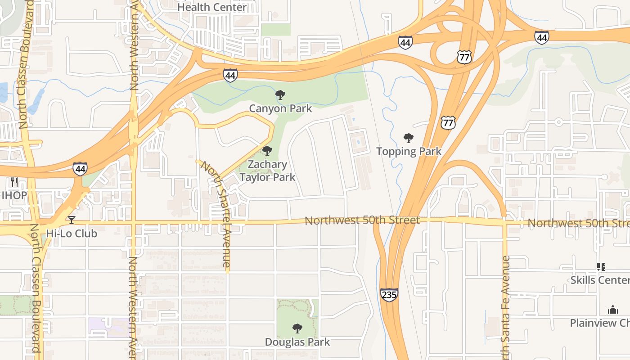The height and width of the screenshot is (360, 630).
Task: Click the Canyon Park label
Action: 280,108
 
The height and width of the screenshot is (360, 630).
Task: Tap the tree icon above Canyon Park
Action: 280,95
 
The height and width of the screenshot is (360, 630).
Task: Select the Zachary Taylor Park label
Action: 267,171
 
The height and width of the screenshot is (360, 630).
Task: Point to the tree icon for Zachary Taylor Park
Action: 267,151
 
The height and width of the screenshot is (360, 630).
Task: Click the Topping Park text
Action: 409,151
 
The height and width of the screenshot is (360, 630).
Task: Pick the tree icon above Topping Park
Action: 408,138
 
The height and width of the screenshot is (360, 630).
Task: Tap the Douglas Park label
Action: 297,342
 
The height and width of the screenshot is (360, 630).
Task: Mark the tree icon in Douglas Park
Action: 297,328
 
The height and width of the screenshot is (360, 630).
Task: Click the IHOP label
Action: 14,195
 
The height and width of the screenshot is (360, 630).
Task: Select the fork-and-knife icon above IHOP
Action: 14,182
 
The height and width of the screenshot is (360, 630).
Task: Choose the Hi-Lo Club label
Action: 71,234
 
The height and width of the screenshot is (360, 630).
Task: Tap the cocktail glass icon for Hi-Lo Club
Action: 71,220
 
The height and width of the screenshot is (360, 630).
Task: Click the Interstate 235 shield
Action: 389,295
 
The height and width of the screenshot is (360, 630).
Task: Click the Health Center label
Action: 212,7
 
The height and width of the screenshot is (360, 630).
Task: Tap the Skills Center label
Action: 600,280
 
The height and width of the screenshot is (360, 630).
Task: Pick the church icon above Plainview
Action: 612,310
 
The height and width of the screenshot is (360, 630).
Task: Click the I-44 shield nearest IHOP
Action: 80,169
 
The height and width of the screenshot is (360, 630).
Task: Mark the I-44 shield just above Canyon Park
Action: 230,75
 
